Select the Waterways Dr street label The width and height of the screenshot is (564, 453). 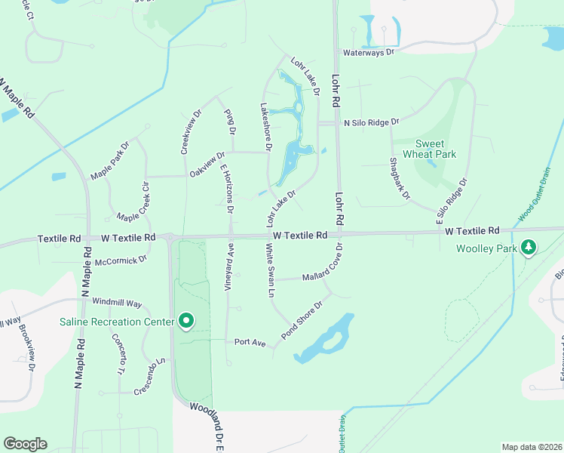[369, 53]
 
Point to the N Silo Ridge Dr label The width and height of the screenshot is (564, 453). [371, 122]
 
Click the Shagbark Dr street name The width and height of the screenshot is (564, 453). [399, 178]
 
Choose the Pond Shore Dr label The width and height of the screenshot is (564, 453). [301, 319]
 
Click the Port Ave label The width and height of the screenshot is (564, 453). [250, 343]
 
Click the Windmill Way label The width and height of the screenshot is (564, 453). [117, 303]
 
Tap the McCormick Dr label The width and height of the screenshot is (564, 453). [121, 261]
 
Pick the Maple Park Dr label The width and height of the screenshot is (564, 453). [110, 159]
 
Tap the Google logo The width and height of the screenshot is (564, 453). [25, 444]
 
